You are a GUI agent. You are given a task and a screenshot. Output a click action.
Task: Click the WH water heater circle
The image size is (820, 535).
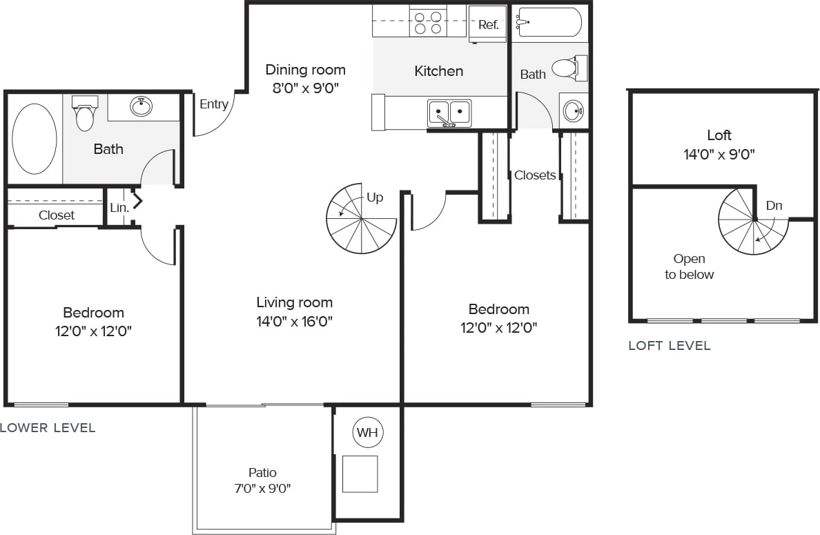tap(368, 433)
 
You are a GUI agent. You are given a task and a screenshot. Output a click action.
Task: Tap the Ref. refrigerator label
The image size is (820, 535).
tap(488, 25)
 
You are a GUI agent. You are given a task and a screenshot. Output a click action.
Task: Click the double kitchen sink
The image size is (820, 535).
tap(449, 112)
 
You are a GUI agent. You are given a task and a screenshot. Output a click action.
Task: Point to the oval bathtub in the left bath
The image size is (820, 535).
tap(35, 138)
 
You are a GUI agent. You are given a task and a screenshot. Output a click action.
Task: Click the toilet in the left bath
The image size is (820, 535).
tap(85, 114)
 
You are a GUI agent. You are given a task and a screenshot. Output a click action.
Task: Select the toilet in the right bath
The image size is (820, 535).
tap(568, 68)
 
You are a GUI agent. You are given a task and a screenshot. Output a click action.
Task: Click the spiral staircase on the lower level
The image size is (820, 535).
tap(361, 218)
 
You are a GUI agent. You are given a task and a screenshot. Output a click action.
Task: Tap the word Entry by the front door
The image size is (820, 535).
tap(214, 104)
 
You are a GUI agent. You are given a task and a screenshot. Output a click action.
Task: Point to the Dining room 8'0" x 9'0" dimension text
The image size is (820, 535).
tap(305, 88)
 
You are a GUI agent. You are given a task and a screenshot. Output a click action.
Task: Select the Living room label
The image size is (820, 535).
tap(294, 302)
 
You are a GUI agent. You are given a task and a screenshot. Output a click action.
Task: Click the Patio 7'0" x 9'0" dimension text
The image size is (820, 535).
tap(262, 489)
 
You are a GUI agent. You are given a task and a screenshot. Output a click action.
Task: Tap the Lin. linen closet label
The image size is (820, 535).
tap(119, 207)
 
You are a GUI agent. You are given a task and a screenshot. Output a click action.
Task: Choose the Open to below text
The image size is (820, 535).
tap(689, 266)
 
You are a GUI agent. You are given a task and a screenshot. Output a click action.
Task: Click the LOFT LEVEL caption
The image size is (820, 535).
tap(669, 346)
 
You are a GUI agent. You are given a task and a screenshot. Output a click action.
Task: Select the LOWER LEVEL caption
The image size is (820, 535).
tap(48, 428)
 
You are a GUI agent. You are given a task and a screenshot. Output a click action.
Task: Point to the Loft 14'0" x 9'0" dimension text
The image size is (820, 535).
tap(719, 154)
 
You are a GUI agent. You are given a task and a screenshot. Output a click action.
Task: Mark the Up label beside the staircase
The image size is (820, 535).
tap(375, 197)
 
